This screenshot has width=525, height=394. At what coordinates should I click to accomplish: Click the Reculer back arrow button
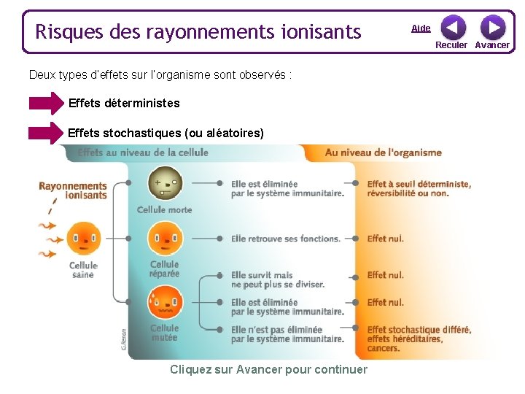tap(453, 28)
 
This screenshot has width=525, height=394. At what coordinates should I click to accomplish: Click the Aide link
tap(421, 28)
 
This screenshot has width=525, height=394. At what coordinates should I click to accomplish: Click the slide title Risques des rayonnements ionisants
tap(198, 32)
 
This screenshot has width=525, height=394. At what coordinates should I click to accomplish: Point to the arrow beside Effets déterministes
tap(47, 104)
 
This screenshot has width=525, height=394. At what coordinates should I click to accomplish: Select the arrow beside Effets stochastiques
tap(47, 134)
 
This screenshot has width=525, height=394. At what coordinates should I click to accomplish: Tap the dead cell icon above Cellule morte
tap(165, 183)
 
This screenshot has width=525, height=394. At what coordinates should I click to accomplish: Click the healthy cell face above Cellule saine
tap(83, 238)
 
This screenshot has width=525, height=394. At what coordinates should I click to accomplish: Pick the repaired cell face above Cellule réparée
tap(165, 238)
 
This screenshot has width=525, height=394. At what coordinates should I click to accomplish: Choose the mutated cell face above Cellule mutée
tap(165, 300)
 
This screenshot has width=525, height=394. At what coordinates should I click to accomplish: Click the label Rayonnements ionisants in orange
tap(73, 190)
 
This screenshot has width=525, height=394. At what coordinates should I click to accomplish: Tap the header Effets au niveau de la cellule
tap(143, 152)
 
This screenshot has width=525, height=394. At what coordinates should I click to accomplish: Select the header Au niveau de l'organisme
tap(383, 152)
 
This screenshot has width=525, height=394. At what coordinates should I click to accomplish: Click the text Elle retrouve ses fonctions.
tap(286, 239)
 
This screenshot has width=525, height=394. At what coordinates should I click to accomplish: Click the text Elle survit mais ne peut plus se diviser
tap(277, 279)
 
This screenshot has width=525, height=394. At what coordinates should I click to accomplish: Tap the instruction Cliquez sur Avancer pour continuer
tap(268, 369)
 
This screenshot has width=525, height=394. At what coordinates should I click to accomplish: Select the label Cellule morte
tap(165, 210)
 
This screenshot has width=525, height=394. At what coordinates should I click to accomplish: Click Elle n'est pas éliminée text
tap(287, 334)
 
